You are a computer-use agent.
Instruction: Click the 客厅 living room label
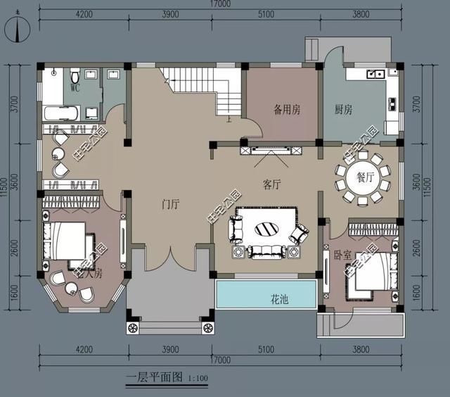click(272, 185)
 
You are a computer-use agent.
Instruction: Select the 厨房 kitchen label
click(343, 110)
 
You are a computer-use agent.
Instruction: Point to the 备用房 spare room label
click(287, 110)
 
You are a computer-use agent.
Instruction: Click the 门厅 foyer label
click(171, 205)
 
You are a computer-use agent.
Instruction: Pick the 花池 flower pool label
click(282, 299)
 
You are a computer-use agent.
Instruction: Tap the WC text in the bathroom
click(76, 89)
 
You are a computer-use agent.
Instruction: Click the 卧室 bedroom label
click(342, 255)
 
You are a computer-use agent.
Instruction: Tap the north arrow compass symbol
click(16, 30)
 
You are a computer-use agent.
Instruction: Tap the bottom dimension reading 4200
click(84, 349)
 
